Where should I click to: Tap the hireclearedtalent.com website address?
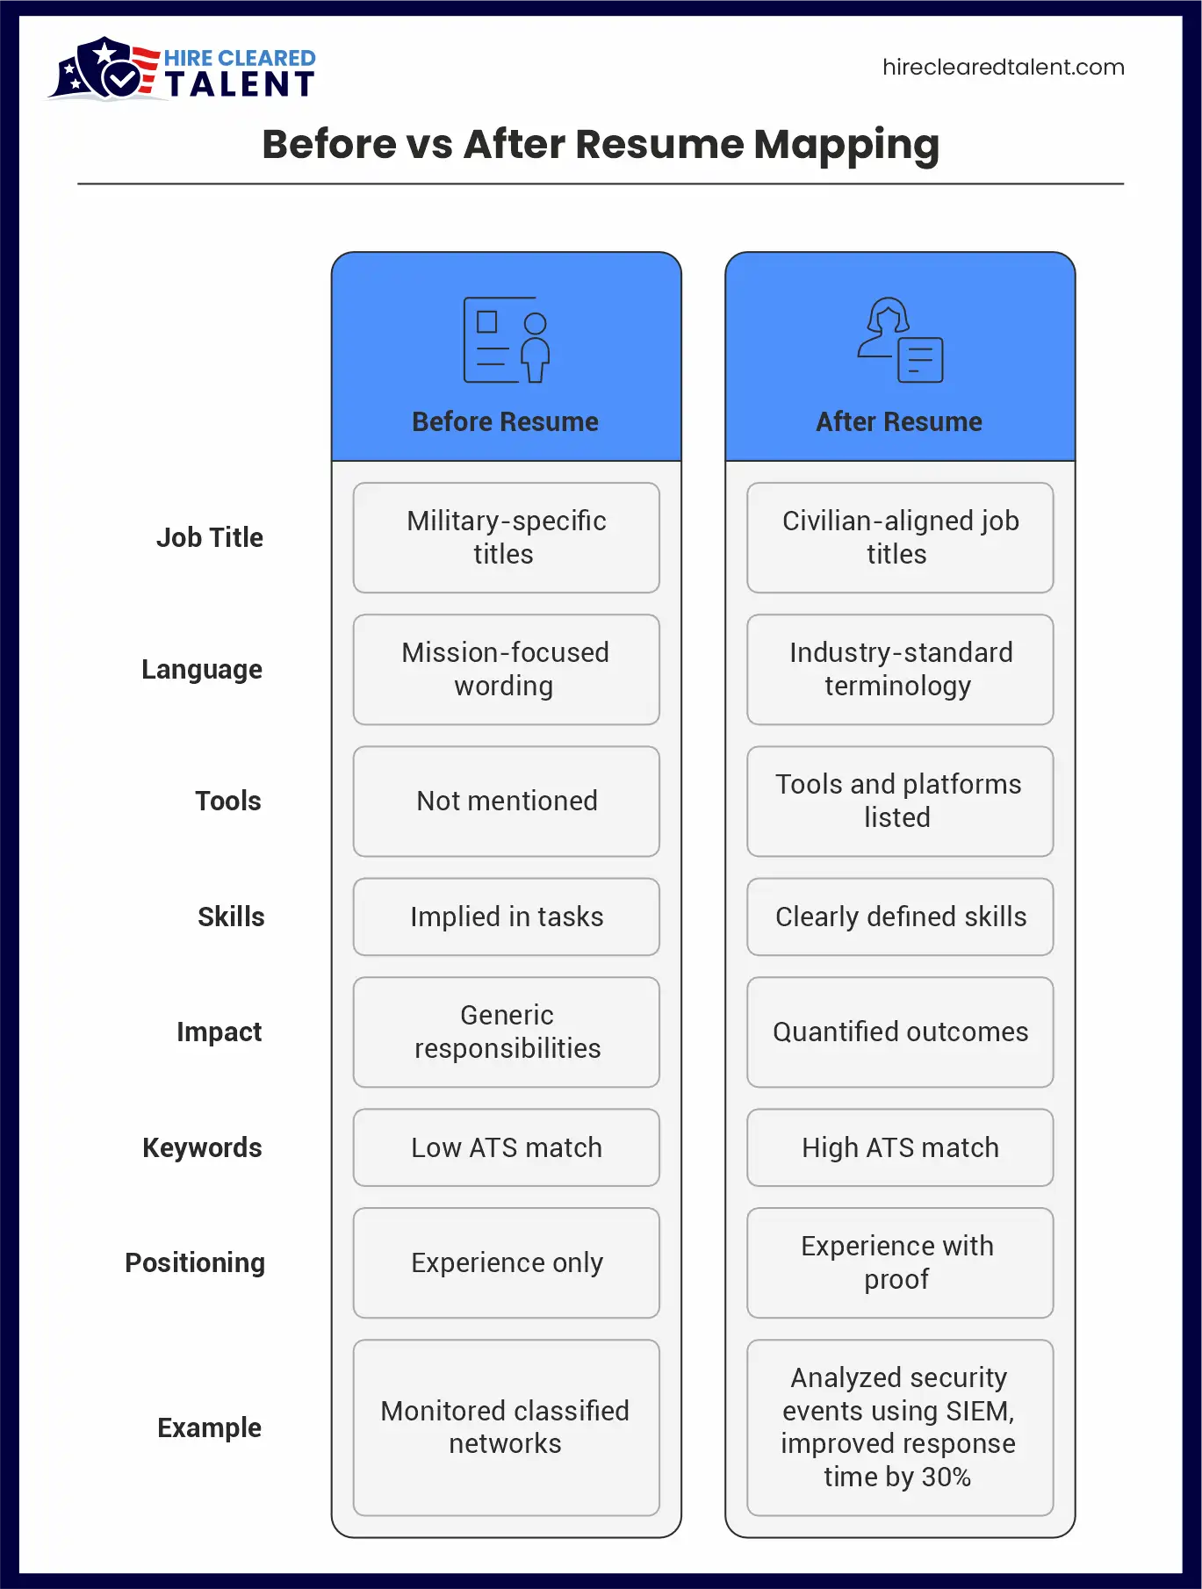point(1003,68)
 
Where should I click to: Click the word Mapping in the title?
point(846,145)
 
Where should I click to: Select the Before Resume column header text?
point(506,422)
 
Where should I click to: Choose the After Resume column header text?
point(899,422)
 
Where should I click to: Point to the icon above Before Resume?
point(507,340)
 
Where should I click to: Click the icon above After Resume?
point(900,340)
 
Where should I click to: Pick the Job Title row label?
point(210,537)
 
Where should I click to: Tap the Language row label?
point(202,670)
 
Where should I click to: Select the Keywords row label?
point(202,1147)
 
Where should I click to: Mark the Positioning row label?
point(195,1262)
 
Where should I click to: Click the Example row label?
point(209,1427)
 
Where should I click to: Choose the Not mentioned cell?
point(507,802)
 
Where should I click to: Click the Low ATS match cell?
point(507,1147)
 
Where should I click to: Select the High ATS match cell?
point(900,1147)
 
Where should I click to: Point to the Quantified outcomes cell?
point(900,1032)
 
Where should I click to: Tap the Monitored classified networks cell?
point(507,1427)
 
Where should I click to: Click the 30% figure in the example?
point(946,1478)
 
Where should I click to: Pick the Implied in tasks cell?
point(507,917)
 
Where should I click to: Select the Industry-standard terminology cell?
point(900,670)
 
